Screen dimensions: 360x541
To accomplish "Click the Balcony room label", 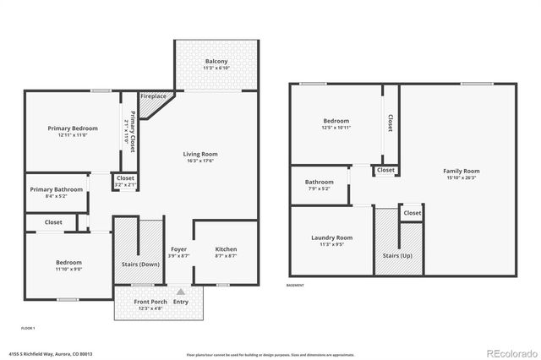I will click(x=216, y=62).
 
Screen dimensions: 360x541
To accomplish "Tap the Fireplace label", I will click(x=153, y=96).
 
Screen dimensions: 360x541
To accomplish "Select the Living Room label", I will click(x=201, y=154).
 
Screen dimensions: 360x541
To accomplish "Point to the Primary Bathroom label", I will click(x=57, y=189).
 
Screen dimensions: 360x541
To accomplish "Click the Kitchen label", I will click(x=226, y=249).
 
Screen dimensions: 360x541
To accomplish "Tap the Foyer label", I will click(x=178, y=249).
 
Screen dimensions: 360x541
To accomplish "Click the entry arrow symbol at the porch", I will click(x=180, y=292).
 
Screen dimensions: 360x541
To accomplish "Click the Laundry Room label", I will click(x=331, y=237).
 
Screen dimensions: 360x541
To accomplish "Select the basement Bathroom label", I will click(x=320, y=182).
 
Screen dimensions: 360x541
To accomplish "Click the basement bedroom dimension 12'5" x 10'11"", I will click(x=336, y=128).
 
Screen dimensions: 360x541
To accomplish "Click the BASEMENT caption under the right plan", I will click(x=295, y=286).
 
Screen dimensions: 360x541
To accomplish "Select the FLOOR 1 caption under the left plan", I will click(x=28, y=327).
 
